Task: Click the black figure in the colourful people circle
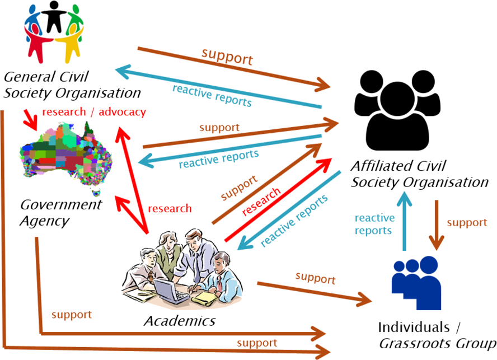(54, 16)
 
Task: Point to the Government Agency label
(60, 212)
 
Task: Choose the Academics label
(179, 321)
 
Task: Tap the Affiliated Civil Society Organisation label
(420, 174)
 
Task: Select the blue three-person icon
(415, 279)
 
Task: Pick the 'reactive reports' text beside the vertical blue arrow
(374, 224)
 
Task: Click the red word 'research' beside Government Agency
(170, 209)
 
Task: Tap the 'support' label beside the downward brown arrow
(466, 222)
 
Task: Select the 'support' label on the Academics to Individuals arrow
(315, 277)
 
